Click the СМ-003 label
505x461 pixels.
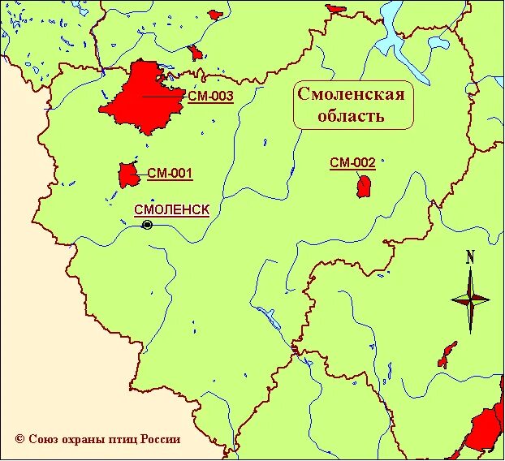click(x=209, y=97)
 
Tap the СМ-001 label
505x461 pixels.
click(x=170, y=173)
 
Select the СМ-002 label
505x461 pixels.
click(x=352, y=163)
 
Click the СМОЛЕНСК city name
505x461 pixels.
click(x=171, y=209)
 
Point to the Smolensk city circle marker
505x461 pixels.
click(x=147, y=225)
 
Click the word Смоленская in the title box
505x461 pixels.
click(x=351, y=94)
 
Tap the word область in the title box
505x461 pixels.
click(x=352, y=115)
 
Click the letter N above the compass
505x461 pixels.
click(x=470, y=258)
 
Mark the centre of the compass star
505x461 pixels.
click(x=470, y=299)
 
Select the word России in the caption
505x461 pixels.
click(x=161, y=439)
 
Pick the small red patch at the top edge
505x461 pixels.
click(x=214, y=14)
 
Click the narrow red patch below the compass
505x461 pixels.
click(x=446, y=354)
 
